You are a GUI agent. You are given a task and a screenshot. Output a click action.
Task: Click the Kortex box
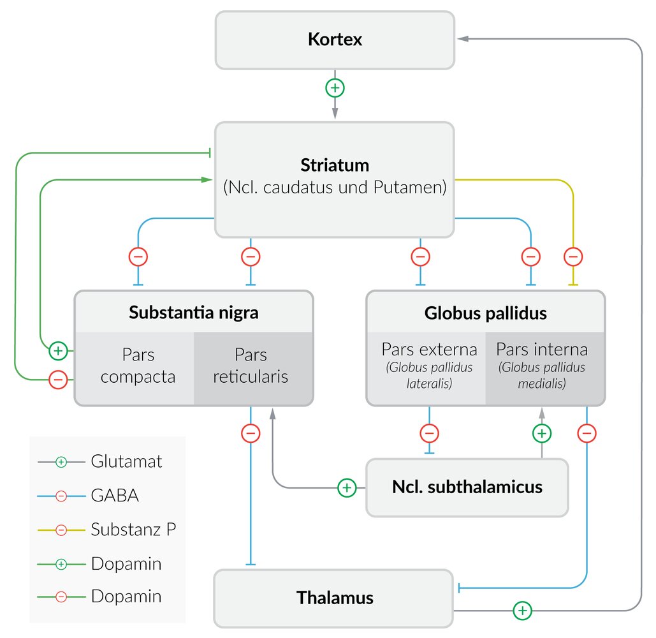[x=335, y=40]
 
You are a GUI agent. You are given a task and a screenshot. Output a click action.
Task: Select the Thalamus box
[x=335, y=598]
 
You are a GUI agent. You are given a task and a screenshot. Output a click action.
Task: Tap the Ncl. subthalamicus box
[x=467, y=487]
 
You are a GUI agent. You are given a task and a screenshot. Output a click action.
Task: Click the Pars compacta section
[x=138, y=366]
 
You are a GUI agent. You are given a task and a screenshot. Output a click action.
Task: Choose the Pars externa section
[x=429, y=366]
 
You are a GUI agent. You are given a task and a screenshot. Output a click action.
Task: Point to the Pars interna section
[x=542, y=366]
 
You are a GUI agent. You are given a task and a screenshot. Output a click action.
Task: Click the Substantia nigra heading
[x=193, y=313]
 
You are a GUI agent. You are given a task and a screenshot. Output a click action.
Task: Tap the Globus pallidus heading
[x=485, y=313]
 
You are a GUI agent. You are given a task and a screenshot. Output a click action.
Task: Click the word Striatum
[x=335, y=165]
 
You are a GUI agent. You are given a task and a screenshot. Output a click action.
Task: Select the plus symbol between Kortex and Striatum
[x=335, y=88]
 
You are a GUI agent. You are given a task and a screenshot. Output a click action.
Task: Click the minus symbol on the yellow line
[x=573, y=257]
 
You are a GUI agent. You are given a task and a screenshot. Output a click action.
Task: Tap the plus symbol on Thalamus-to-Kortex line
[x=522, y=611]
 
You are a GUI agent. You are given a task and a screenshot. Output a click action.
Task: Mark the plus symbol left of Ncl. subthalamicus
[x=346, y=488]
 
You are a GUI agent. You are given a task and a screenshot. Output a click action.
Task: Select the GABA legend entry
[x=115, y=496]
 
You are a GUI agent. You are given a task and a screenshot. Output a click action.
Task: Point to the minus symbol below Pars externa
[x=429, y=434]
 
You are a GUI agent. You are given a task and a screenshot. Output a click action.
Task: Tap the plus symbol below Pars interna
[x=541, y=434]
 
